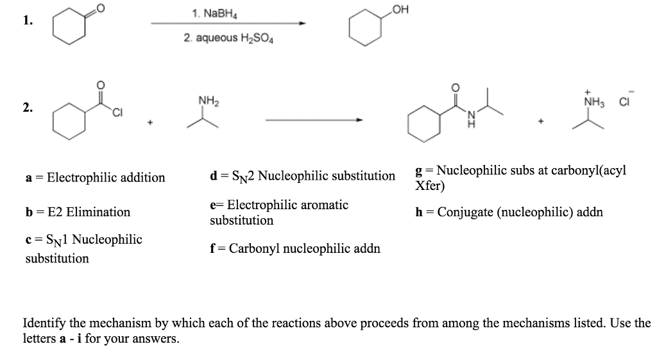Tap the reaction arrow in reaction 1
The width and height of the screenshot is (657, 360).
228,24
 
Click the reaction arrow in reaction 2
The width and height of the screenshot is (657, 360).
314,119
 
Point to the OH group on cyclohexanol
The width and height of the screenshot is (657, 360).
402,10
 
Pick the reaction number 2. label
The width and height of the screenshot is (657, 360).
26,108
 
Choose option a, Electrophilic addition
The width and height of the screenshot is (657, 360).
94,178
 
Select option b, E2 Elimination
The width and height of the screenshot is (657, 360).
78,212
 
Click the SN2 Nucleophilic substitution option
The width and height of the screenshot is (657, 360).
302,176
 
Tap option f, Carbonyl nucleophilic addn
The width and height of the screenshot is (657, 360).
295,248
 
